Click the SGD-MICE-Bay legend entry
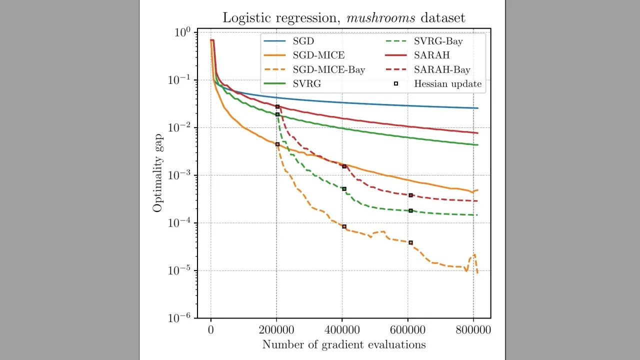pos(328,69)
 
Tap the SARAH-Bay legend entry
pos(442,69)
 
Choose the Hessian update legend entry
pos(447,84)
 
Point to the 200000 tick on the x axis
pos(276,330)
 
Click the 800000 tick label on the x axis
pos(473,330)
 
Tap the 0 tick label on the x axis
pos(211,330)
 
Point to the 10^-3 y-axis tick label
pos(179,175)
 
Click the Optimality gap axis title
pos(158,172)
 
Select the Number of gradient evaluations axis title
pos(343,344)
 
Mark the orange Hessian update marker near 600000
pos(410,242)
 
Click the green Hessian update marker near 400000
pos(344,189)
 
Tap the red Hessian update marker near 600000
pos(410,195)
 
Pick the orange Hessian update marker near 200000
pos(277,144)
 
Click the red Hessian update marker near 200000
pos(277,106)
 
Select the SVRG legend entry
pos(307,84)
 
